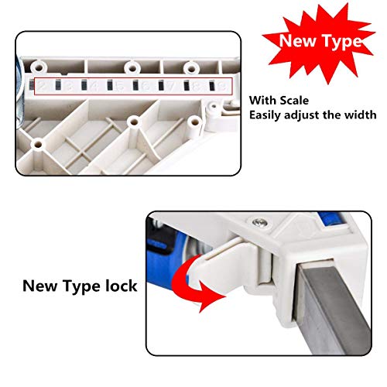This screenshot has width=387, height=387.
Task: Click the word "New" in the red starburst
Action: (296, 40)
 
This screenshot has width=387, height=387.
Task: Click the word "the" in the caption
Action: (337, 115)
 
